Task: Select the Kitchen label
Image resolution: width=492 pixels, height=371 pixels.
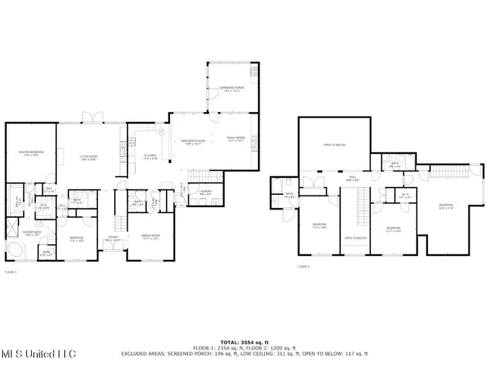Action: [150, 157]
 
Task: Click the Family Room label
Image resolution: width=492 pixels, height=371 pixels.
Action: [235, 139]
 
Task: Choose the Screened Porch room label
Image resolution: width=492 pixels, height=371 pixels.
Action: [232, 89]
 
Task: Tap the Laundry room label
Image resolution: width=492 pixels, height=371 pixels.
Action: [205, 192]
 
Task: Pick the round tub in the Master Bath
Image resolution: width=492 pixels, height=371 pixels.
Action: [15, 250]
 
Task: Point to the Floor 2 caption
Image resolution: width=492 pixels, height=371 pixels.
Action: [304, 267]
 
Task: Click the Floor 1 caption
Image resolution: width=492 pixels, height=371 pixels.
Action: [11, 272]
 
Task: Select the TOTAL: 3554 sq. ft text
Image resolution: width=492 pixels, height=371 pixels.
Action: [244, 341]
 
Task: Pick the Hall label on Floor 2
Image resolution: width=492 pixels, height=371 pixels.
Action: [351, 179]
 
